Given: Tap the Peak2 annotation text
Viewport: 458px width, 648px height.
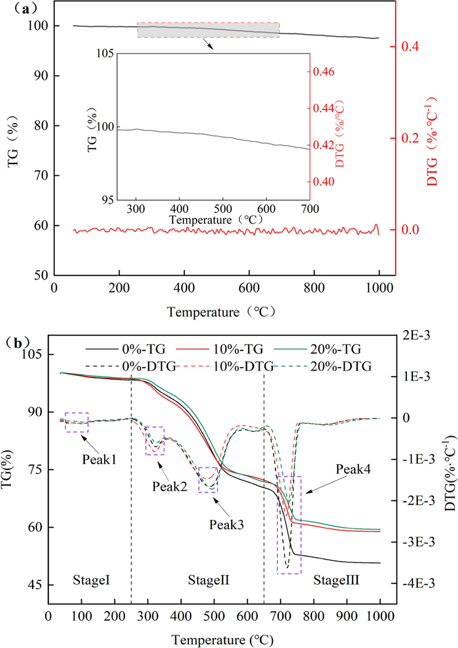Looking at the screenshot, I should point(169,486).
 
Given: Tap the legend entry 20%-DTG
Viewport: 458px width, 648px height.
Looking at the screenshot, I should point(340,366).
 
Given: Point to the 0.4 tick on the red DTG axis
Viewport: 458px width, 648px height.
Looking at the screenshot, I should point(412,47).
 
